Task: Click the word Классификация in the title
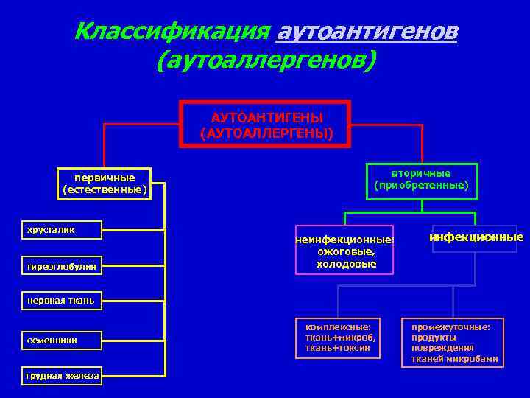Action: (171, 31)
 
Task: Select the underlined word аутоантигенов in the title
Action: (365, 31)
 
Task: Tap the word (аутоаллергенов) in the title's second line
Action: (266, 60)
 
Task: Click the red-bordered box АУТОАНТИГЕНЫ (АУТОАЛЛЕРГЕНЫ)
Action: (266, 125)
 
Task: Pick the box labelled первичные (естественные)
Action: (105, 184)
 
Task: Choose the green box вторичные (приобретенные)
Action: (421, 180)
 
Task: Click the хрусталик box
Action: (62, 230)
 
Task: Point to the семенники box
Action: (62, 340)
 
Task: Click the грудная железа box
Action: (62, 376)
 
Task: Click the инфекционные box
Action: (476, 237)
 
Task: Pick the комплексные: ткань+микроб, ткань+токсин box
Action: (338, 338)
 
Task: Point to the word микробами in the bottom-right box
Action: (476, 359)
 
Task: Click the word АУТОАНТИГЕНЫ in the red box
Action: (266, 118)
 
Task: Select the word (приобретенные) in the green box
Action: (421, 186)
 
